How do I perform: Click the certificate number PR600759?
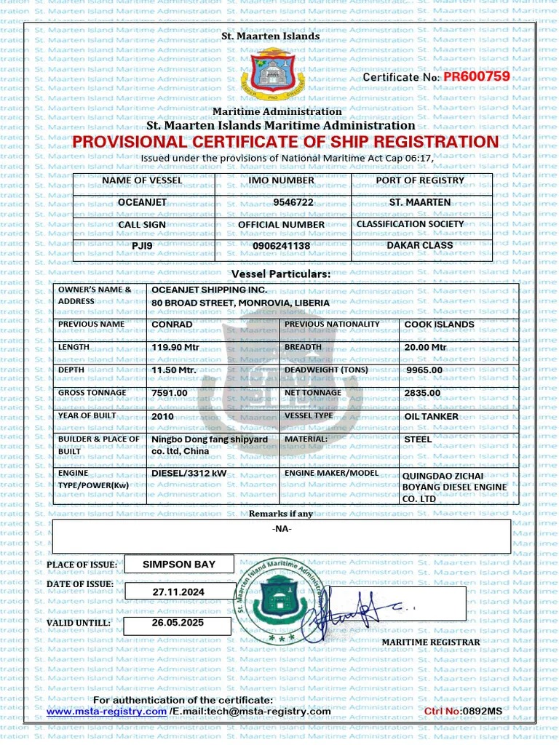coord(476,76)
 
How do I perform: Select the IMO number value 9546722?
coord(283,202)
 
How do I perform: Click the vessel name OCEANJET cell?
coord(142,202)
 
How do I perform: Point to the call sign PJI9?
coord(142,246)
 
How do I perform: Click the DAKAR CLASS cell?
coord(419,245)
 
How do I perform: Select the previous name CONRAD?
coord(172,324)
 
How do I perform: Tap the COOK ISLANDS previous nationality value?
coord(439,324)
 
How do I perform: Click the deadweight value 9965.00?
coord(425,370)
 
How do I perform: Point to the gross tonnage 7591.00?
coord(170,393)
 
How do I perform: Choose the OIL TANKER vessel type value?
coord(431,417)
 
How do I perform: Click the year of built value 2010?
coord(162,417)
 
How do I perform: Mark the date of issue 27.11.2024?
coord(178,592)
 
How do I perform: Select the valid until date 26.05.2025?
coord(178,624)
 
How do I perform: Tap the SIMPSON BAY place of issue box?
coord(179,564)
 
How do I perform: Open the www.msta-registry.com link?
coord(106,712)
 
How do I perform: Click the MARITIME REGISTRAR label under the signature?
coord(431,642)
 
